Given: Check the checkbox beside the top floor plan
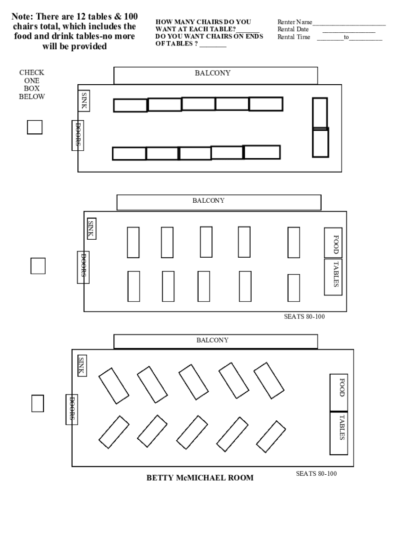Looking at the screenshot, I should [x=35, y=127].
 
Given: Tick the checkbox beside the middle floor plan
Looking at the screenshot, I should [x=38, y=266].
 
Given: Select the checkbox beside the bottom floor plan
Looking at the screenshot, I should [x=38, y=403].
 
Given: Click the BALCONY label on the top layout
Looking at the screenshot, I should [x=213, y=74].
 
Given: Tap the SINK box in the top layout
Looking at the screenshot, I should [x=84, y=101].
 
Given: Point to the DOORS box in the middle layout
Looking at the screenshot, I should [x=83, y=267].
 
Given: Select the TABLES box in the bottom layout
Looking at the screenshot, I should [x=339, y=433].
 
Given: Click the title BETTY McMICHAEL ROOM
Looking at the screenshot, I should [x=200, y=478].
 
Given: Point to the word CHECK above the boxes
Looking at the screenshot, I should [x=32, y=73].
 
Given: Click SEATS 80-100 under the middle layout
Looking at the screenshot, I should [x=304, y=317].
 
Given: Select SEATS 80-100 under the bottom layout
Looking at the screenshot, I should [x=316, y=473].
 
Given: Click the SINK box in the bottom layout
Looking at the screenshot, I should [x=82, y=366].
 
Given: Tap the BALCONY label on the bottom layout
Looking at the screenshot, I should [x=212, y=340].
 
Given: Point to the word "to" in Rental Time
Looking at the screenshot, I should [x=346, y=37].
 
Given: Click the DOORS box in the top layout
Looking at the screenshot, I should [x=77, y=135].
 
